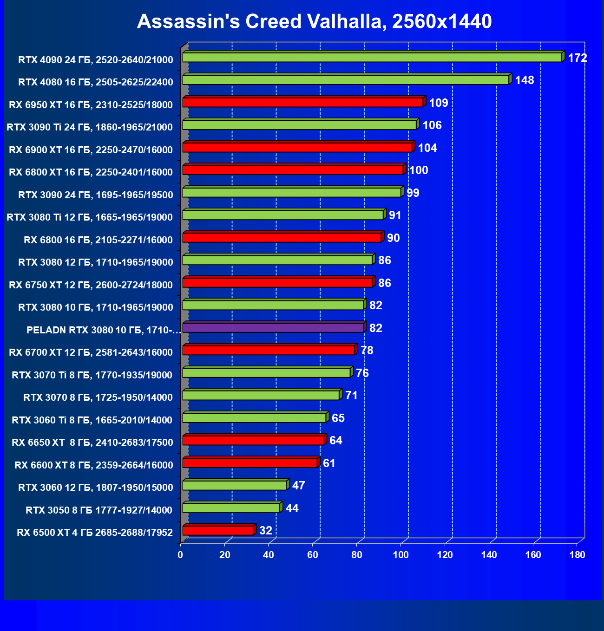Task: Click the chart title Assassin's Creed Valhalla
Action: tap(314, 21)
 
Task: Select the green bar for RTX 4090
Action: tap(372, 58)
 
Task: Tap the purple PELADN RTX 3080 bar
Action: tap(273, 328)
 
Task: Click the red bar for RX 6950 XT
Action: tap(302, 103)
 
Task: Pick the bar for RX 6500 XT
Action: tap(217, 531)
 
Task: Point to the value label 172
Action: tap(578, 58)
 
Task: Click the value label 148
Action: tap(525, 80)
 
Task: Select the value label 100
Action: tap(419, 170)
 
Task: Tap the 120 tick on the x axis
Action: tap(445, 555)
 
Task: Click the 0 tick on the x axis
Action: tap(180, 555)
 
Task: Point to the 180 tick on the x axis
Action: tap(577, 555)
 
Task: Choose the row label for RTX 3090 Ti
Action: tap(90, 127)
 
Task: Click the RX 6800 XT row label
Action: tap(91, 172)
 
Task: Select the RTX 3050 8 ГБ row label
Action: tap(99, 510)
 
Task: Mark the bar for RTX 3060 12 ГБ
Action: tap(234, 486)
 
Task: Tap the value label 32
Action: tap(266, 531)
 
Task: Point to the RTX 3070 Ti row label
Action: tap(92, 375)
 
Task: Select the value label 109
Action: tap(439, 103)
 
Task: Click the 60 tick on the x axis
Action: tap(313, 555)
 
